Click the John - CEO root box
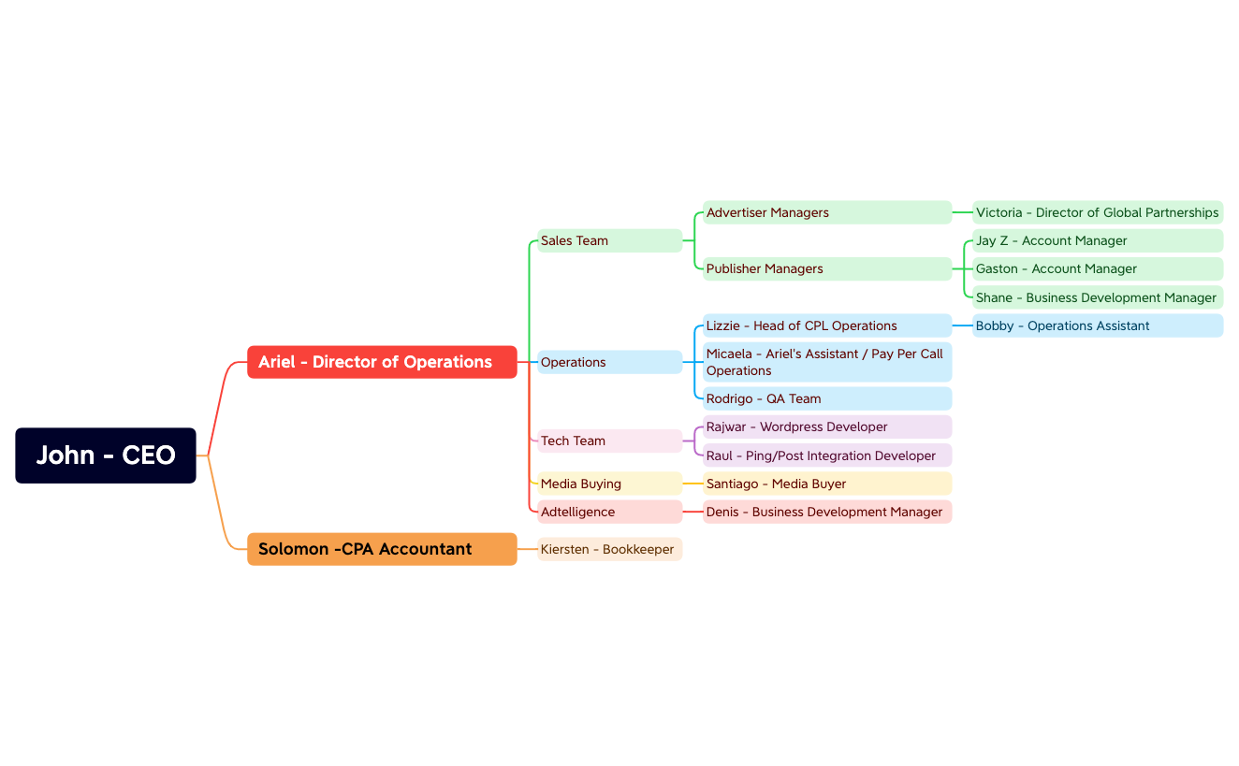(106, 455)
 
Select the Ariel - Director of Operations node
(382, 362)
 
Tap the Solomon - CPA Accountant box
(382, 549)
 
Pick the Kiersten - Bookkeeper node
(610, 549)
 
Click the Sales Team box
(610, 240)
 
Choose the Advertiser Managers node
(827, 212)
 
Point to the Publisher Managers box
(827, 268)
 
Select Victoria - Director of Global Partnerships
(1098, 212)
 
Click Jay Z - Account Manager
(1098, 240)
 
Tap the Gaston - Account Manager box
(1098, 268)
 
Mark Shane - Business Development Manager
(1098, 297)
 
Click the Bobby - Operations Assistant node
(1098, 325)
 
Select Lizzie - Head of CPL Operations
(827, 325)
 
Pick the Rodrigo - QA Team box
(827, 398)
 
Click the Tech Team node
(610, 441)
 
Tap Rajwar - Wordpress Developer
(827, 426)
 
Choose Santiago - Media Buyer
(827, 484)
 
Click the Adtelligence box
(610, 512)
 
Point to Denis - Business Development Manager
(827, 512)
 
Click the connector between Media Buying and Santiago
(692, 484)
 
